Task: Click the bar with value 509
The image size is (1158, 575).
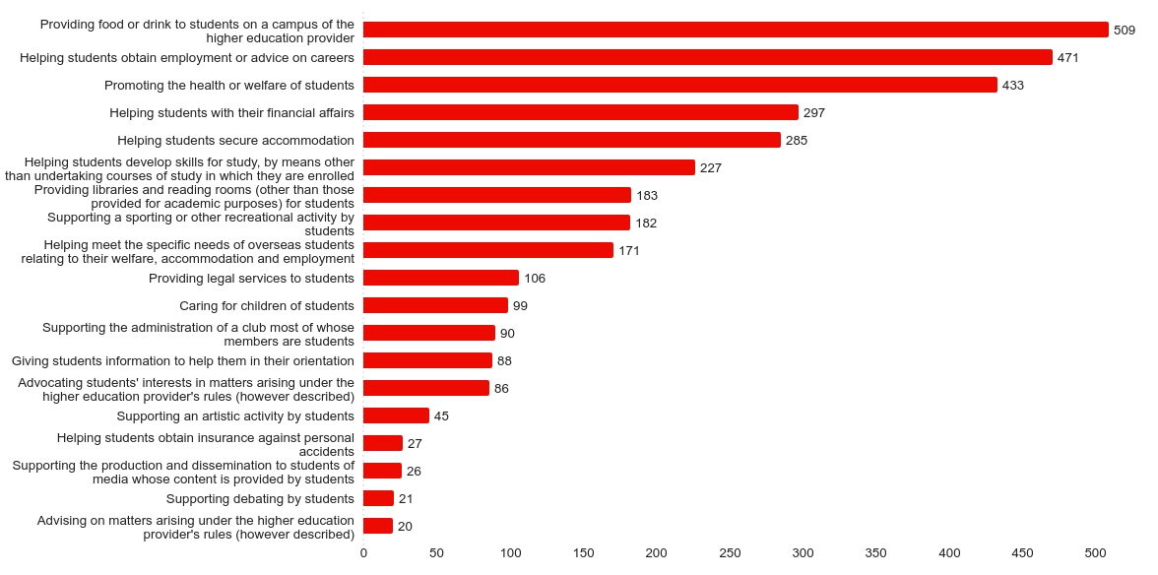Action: tap(736, 30)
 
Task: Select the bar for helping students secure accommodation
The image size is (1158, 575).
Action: tap(572, 140)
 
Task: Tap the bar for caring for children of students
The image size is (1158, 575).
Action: tap(435, 305)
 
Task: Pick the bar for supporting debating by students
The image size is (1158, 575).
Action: tap(378, 498)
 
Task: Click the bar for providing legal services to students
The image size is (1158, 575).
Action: tap(441, 278)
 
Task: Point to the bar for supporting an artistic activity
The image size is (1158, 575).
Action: tap(396, 415)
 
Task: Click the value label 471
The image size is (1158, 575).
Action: tap(1068, 58)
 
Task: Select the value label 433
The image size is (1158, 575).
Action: tap(1013, 86)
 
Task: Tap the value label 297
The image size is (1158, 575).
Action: tap(814, 113)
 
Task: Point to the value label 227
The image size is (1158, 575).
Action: tap(711, 168)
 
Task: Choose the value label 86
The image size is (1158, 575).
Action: tap(502, 389)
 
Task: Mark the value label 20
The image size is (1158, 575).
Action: tap(405, 527)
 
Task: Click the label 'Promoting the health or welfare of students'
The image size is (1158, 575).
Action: tap(229, 86)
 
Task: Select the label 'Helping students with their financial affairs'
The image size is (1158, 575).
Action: tap(232, 113)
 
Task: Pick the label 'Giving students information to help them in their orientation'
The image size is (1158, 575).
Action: tap(183, 361)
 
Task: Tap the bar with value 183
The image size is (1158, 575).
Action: tap(497, 195)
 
